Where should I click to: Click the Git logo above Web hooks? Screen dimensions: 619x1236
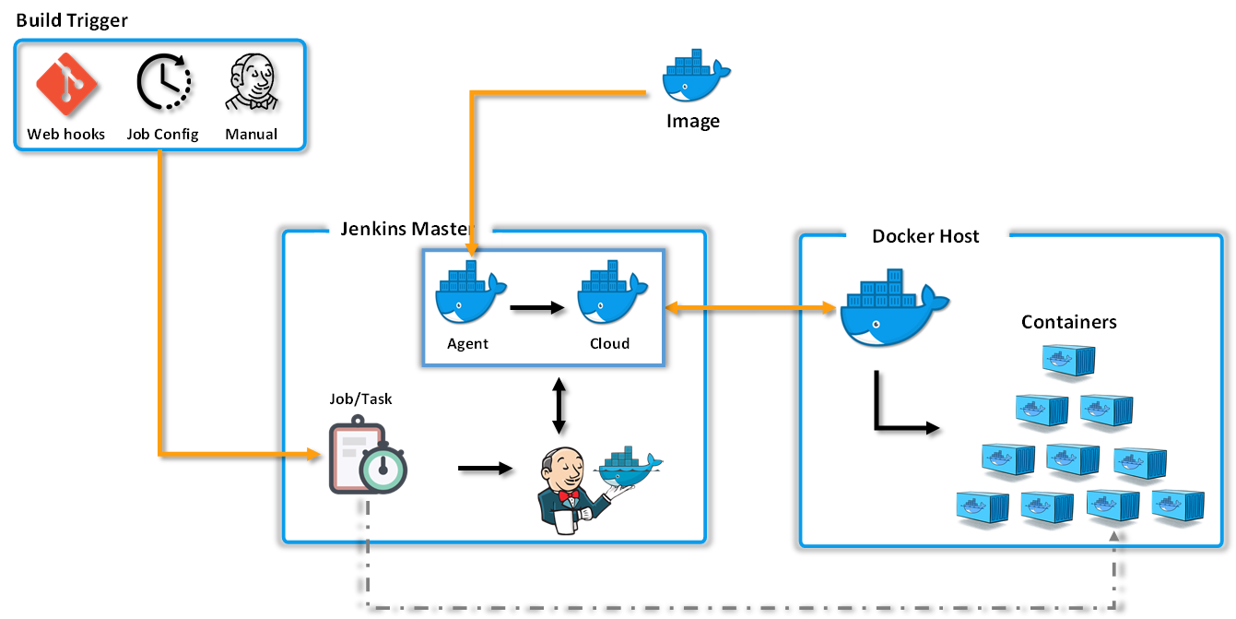(66, 84)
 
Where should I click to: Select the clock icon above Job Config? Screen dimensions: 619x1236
(163, 83)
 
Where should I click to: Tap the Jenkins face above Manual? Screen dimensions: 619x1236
(252, 83)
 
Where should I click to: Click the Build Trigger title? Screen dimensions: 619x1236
(72, 20)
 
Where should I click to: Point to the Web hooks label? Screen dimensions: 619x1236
(66, 134)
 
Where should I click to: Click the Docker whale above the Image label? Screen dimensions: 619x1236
(694, 73)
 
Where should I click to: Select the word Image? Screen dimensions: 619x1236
(692, 121)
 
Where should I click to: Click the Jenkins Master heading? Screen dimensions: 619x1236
(406, 229)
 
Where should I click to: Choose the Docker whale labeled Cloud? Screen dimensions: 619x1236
(610, 294)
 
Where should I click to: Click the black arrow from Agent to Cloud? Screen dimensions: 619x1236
(536, 308)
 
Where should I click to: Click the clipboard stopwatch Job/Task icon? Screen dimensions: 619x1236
(367, 458)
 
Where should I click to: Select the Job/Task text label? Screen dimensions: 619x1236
(360, 399)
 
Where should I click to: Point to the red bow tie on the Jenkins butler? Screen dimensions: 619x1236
(568, 495)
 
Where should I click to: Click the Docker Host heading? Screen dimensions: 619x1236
(925, 236)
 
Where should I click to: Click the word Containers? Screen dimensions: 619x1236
(1068, 322)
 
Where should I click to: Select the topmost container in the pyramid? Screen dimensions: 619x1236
(1068, 361)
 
